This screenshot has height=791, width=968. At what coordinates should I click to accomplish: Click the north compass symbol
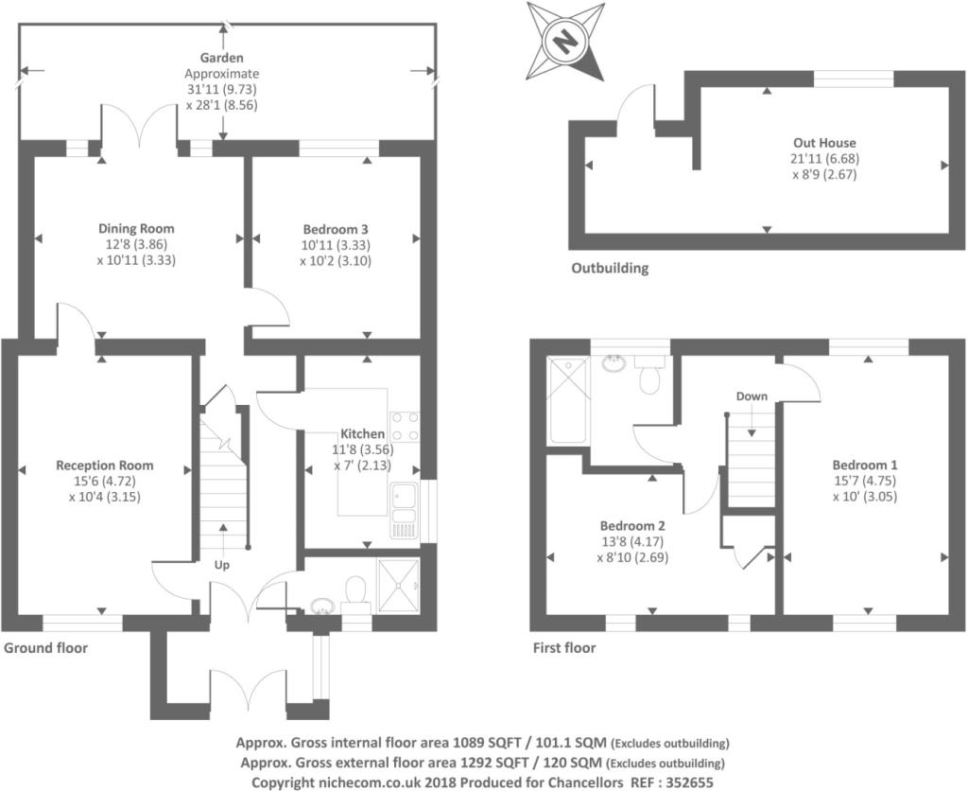(x=564, y=41)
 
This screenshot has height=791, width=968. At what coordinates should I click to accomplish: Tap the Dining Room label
(x=137, y=229)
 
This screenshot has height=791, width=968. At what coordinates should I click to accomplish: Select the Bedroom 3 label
(x=336, y=229)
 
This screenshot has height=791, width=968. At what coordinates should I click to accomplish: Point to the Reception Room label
(x=104, y=466)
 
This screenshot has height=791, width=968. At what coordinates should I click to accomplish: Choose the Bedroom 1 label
(x=864, y=465)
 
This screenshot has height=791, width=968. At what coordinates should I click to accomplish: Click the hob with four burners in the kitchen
(x=405, y=426)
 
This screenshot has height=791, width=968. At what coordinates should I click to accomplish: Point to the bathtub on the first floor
(x=568, y=400)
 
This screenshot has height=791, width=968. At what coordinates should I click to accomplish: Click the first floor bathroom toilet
(x=649, y=377)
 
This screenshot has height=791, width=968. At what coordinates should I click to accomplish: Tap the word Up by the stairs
(x=222, y=565)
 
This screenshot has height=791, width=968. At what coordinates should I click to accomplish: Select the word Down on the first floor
(x=752, y=396)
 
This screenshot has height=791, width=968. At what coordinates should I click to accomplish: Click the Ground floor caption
(x=45, y=648)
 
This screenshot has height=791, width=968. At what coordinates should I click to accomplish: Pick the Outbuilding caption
(x=610, y=268)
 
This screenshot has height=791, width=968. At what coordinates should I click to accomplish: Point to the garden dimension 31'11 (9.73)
(x=221, y=89)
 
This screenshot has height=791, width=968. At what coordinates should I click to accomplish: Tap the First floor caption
(x=563, y=648)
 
